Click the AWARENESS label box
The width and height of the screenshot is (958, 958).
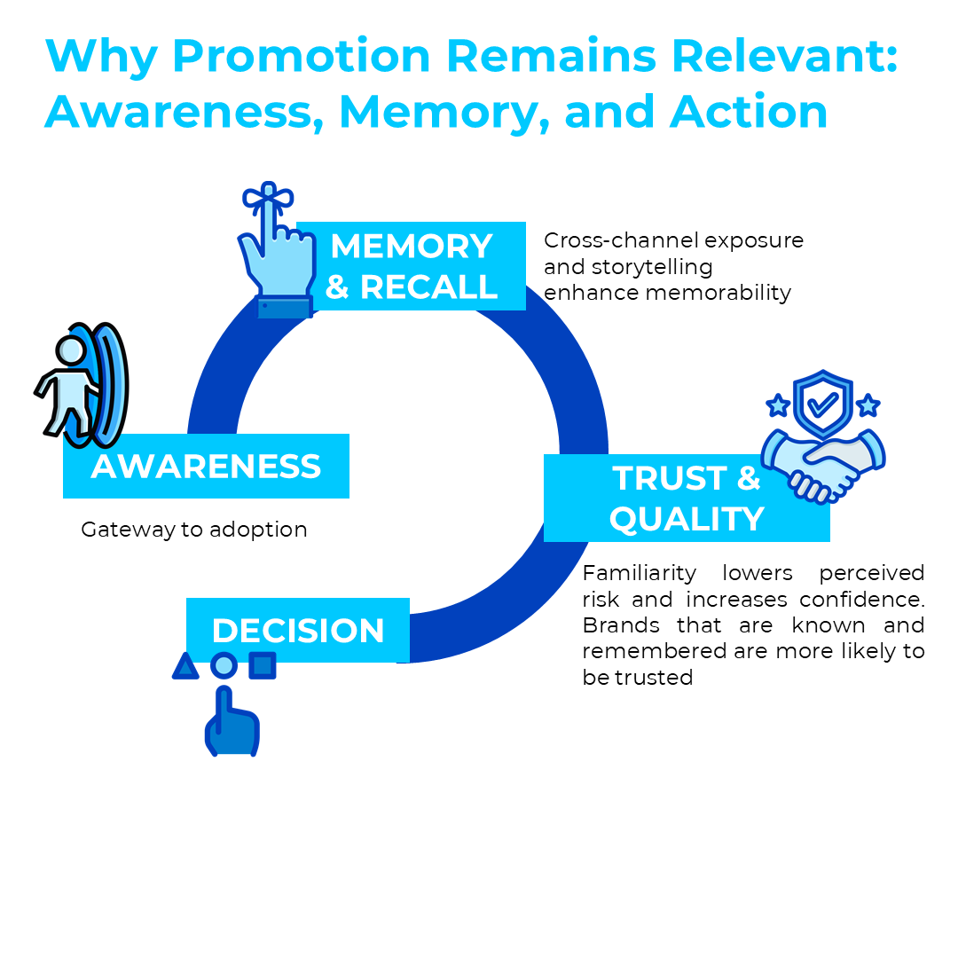[x=206, y=467]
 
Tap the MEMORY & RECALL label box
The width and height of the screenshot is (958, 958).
[x=411, y=266]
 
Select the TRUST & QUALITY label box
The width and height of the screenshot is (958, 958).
[x=687, y=498]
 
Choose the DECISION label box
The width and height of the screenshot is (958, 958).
[x=298, y=631]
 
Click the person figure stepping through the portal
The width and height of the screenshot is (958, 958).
[x=67, y=390]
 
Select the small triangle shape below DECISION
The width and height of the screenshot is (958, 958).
[x=185, y=666]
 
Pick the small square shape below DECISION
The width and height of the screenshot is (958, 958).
[x=262, y=665]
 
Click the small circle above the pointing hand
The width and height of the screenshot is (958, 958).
[x=224, y=665]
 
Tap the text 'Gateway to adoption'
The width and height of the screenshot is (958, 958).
[x=194, y=530]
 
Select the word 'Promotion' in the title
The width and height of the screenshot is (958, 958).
[x=302, y=57]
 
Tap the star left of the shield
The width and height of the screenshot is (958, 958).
[x=778, y=405]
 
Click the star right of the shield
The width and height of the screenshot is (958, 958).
[x=868, y=405]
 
